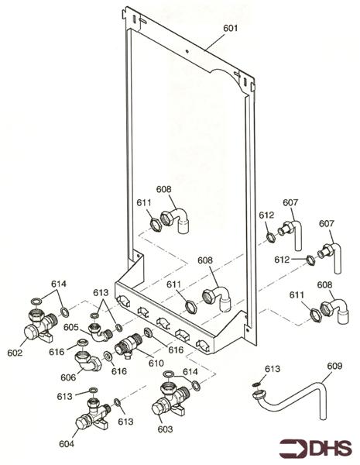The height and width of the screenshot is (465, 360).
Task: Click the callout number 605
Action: [71, 328]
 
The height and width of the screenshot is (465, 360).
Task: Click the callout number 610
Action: [156, 363]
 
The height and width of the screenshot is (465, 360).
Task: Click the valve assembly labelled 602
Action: [37, 325]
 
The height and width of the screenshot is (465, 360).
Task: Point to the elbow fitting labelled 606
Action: [86, 361]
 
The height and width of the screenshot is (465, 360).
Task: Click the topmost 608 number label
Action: [163, 188]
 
